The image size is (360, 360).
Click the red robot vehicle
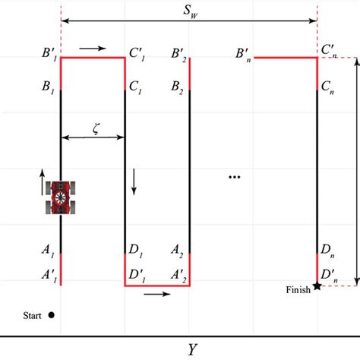tap(61, 197)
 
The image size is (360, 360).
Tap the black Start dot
tap(51, 314)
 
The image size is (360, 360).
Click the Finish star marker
tap(317, 285)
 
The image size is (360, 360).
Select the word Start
tap(32, 314)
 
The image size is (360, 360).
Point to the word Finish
tap(298, 289)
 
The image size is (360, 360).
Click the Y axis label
tap(193, 349)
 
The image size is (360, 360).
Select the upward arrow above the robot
tap(43, 177)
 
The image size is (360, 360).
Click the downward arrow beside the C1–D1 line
tap(134, 180)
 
